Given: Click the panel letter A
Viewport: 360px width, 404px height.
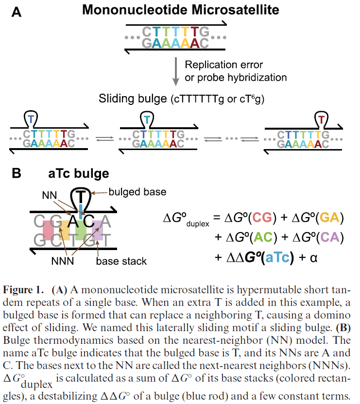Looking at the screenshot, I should (16, 12).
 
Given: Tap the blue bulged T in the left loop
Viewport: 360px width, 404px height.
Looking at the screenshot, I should (31, 118).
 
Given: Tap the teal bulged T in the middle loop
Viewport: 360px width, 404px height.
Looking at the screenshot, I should (146, 118).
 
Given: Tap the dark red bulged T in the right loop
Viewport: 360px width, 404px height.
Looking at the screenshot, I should (321, 118).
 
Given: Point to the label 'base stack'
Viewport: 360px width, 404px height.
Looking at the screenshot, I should (120, 262).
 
